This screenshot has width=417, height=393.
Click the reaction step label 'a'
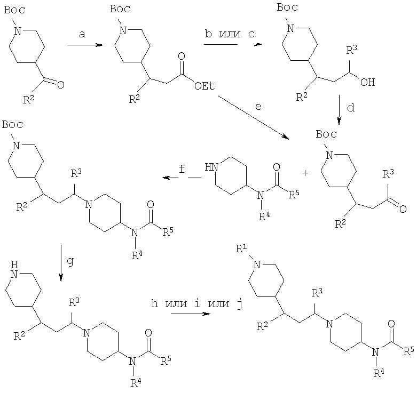pyautogui.click(x=82, y=34)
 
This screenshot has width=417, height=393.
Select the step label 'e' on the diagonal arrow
pyautogui.click(x=258, y=107)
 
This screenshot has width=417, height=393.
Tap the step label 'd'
pyautogui.click(x=351, y=108)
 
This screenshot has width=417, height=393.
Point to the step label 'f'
pyautogui.click(x=182, y=169)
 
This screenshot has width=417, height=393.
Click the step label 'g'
pyautogui.click(x=70, y=262)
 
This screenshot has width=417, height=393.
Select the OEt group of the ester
pyautogui.click(x=204, y=86)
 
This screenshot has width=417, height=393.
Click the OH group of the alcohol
pyautogui.click(x=367, y=82)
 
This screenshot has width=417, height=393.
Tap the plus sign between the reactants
pyautogui.click(x=305, y=173)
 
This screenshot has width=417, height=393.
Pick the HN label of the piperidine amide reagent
pyautogui.click(x=211, y=167)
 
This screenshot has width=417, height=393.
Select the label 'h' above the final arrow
pyautogui.click(x=154, y=303)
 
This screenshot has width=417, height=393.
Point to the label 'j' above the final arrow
pyautogui.click(x=239, y=304)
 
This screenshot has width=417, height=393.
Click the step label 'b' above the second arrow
pyautogui.click(x=208, y=34)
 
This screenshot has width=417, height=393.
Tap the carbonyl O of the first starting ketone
pyautogui.click(x=61, y=85)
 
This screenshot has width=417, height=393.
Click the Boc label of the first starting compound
pyautogui.click(x=14, y=10)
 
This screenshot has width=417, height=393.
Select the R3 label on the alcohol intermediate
pyautogui.click(x=352, y=50)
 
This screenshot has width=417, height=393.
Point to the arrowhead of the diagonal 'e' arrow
pyautogui.click(x=288, y=138)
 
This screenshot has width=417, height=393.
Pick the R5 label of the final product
pyautogui.click(x=409, y=350)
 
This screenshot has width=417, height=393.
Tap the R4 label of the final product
pyautogui.click(x=379, y=373)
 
